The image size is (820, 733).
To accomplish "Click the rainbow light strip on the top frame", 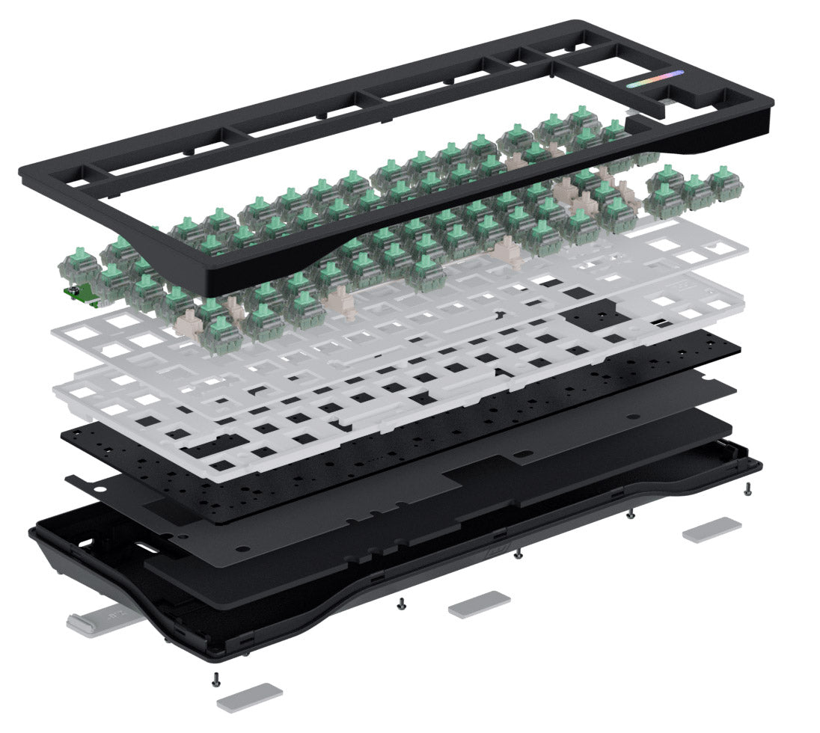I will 655,79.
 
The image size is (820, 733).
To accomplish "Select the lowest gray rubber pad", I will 250,697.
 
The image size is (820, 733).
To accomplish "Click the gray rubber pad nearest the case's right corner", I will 711,528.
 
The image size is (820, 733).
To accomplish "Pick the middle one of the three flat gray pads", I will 479,603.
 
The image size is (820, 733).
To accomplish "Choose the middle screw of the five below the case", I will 517,554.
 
